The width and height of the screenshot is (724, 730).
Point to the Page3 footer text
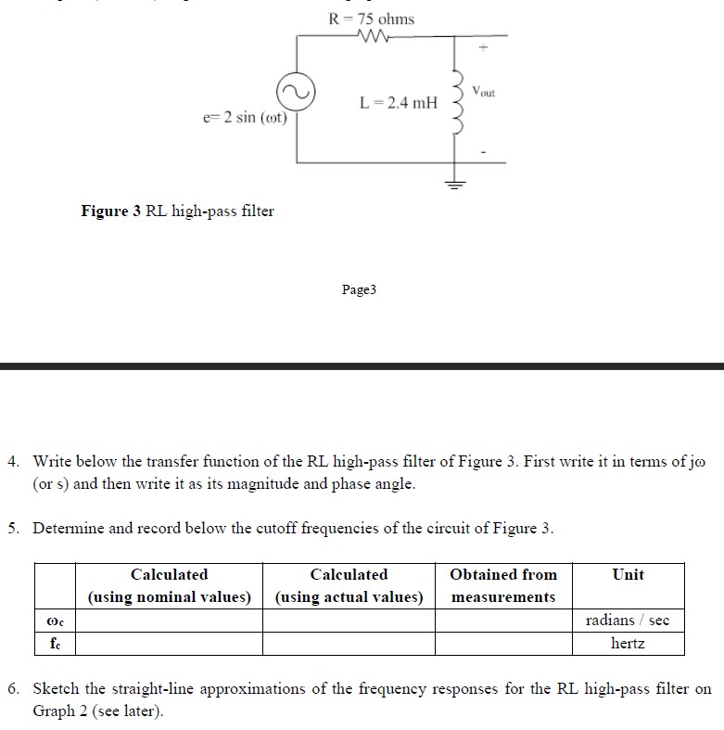tap(359, 290)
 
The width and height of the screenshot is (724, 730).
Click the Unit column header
tap(628, 575)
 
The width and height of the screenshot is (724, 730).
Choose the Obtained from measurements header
tap(503, 585)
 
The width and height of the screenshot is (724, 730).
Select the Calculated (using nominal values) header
tap(170, 585)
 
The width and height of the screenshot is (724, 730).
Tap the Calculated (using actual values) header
tap(349, 585)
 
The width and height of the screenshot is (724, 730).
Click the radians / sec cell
tap(628, 620)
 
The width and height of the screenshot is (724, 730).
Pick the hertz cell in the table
tap(628, 643)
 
